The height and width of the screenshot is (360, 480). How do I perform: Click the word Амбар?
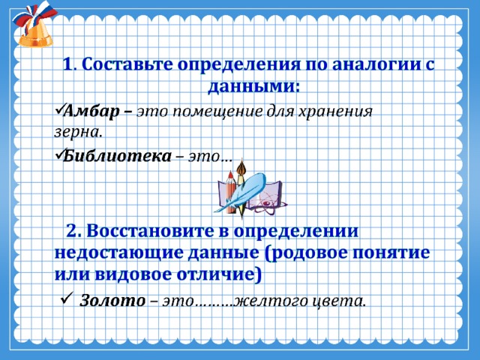pyautogui.click(x=91, y=112)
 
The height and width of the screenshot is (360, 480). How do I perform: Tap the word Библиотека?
pyautogui.click(x=117, y=156)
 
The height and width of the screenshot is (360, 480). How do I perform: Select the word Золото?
pyautogui.click(x=112, y=300)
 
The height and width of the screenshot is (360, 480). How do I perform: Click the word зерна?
pyautogui.click(x=78, y=133)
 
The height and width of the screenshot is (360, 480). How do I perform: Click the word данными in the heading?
pyautogui.click(x=253, y=87)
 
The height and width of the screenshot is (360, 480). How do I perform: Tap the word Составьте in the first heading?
pyautogui.click(x=127, y=64)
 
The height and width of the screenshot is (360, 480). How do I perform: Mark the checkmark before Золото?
pyautogui.click(x=67, y=297)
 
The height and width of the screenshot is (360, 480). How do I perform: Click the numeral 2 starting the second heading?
pyautogui.click(x=73, y=231)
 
